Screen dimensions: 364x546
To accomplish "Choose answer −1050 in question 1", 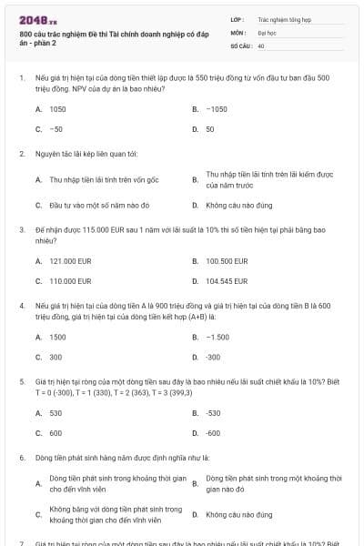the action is click(x=216, y=108).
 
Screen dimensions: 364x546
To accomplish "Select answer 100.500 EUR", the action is click(x=227, y=261).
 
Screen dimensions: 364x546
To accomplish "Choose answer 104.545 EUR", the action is click(x=227, y=281).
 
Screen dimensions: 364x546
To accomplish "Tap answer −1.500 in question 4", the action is click(x=217, y=337).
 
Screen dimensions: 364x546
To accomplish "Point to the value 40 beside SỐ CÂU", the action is click(x=261, y=45).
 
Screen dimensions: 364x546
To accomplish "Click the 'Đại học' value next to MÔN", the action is click(x=267, y=31).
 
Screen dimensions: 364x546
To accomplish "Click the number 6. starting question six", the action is click(x=22, y=457).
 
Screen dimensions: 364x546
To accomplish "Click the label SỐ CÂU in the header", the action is click(x=240, y=45).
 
